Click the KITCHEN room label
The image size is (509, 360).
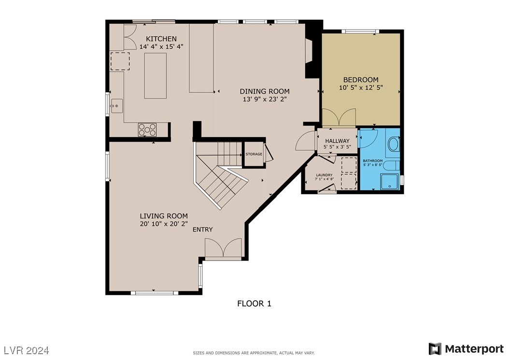click(x=161, y=39)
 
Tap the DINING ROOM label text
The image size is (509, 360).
click(x=265, y=91)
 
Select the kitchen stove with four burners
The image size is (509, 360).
click(x=147, y=130)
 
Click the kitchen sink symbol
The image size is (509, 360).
click(x=116, y=105)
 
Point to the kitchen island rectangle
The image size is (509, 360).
click(x=155, y=76)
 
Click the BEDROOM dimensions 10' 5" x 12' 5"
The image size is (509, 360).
click(x=361, y=88)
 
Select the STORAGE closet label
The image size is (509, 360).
click(x=254, y=154)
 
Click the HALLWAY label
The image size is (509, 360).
click(x=337, y=141)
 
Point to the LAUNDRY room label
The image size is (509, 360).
click(x=324, y=175)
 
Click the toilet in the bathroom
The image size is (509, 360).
click(x=394, y=144)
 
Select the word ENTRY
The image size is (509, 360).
click(x=202, y=230)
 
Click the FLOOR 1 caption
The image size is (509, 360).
click(x=254, y=303)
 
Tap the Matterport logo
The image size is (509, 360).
click(x=467, y=348)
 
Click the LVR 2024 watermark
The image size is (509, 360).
click(x=27, y=349)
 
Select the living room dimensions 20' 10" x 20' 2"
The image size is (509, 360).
click(x=164, y=224)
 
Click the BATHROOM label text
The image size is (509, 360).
click(x=373, y=161)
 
